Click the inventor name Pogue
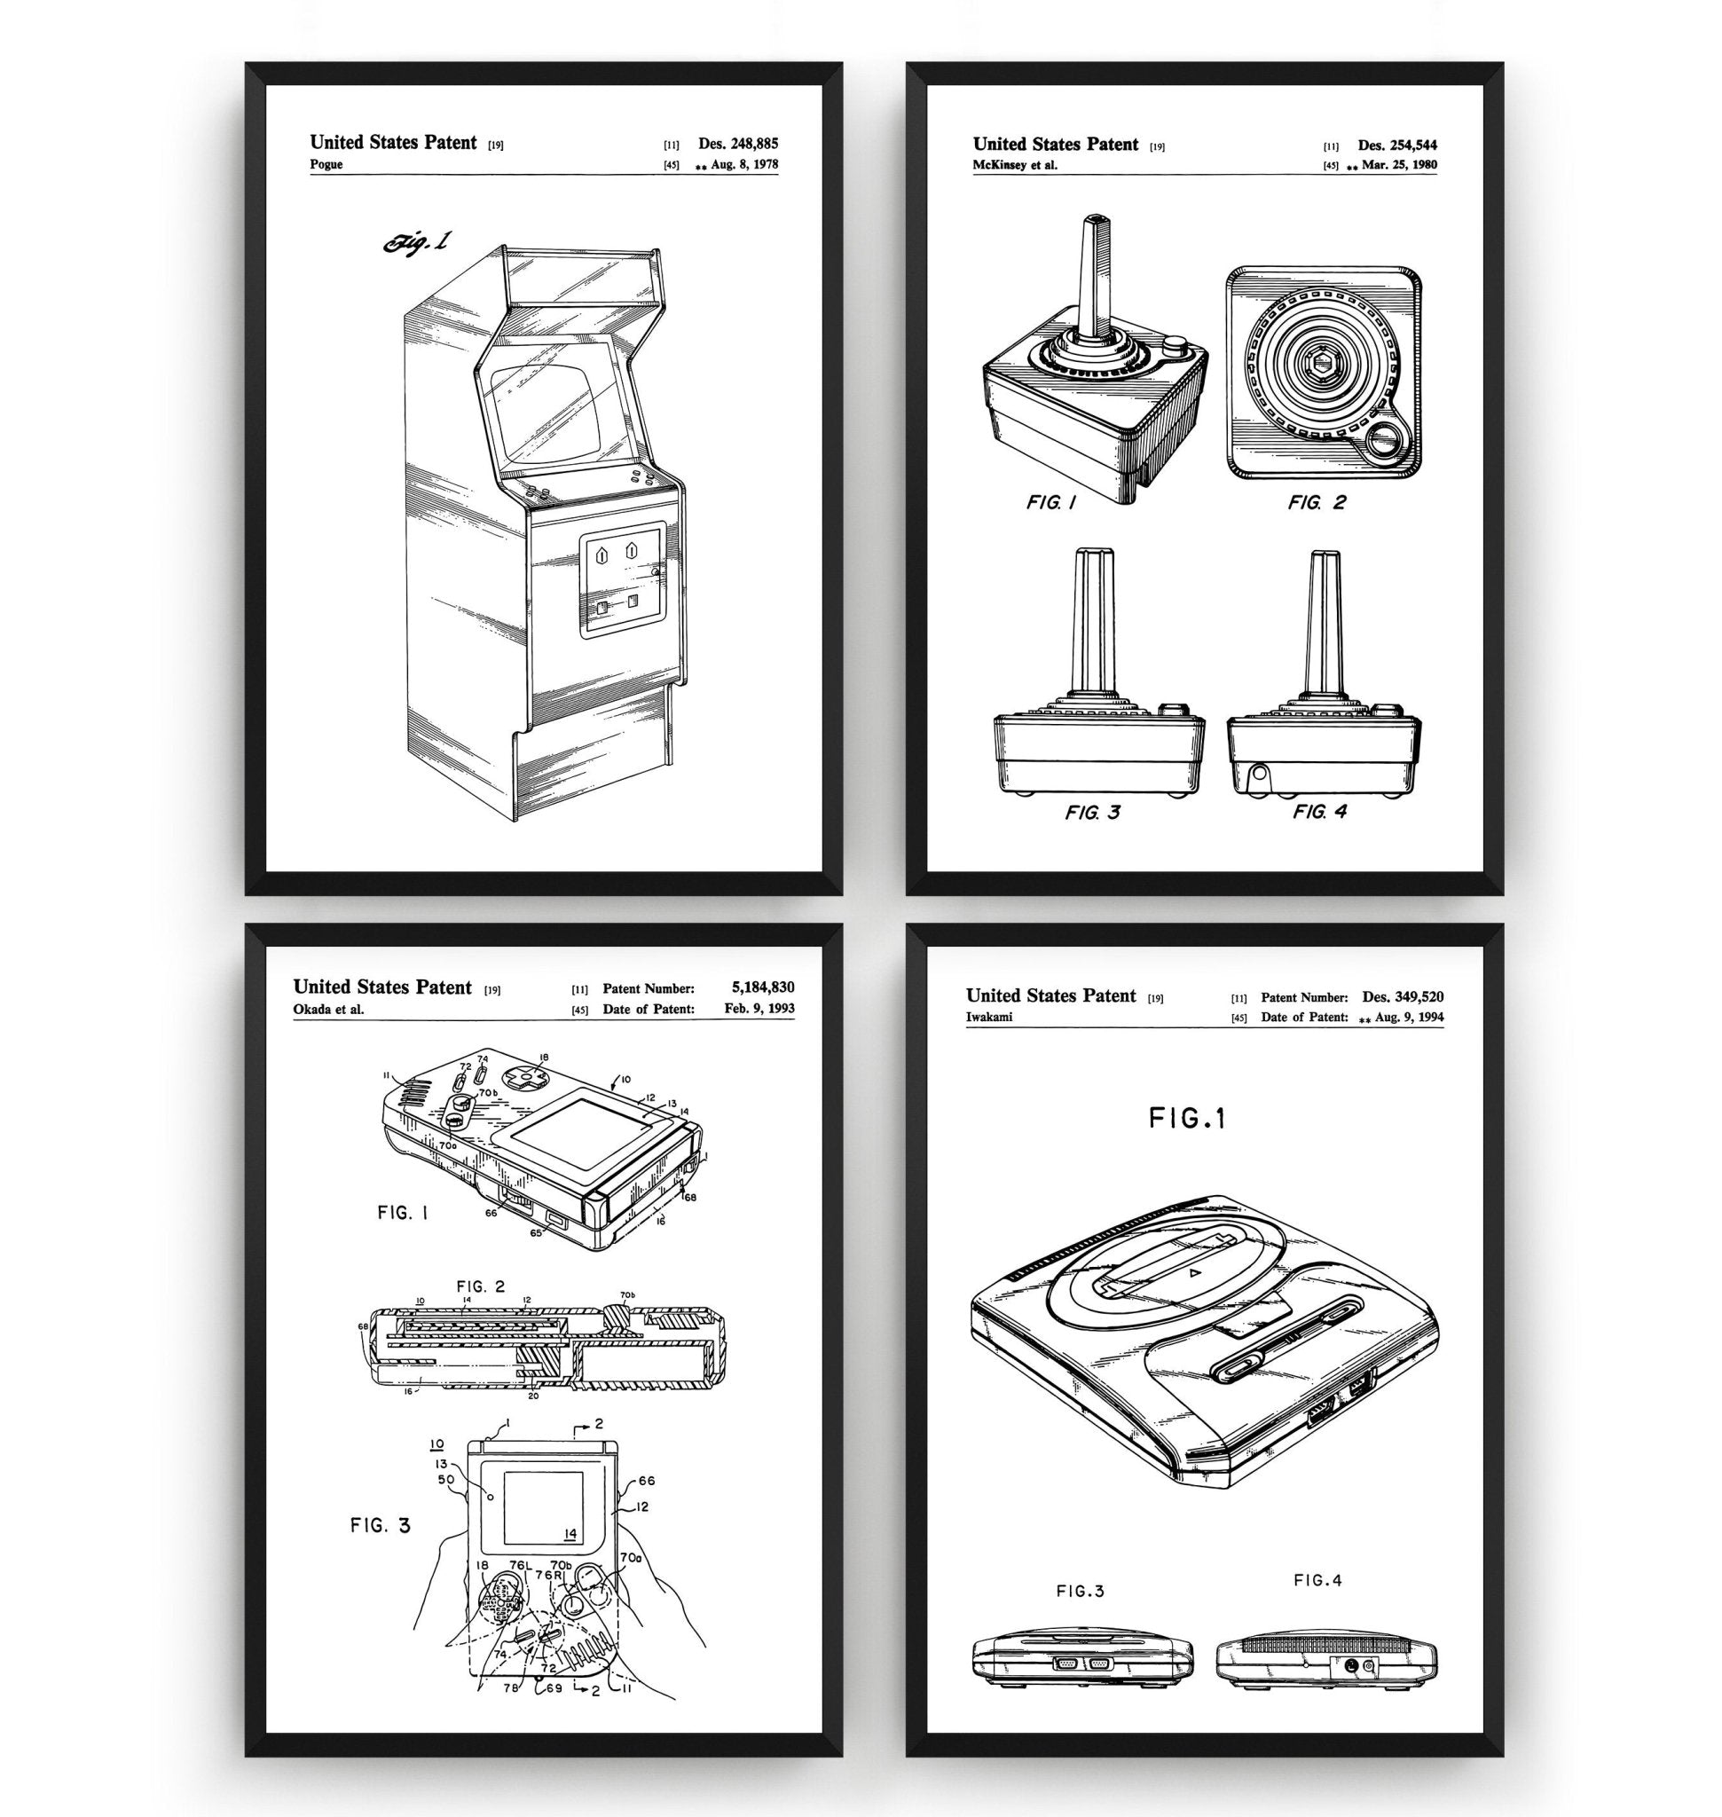(326, 164)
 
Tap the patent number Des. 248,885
(738, 143)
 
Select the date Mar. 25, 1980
(1400, 166)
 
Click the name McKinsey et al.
(1015, 165)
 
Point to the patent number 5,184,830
(763, 987)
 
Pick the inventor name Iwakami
(989, 1017)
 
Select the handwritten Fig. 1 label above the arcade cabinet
(419, 241)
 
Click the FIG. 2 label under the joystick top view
(1317, 502)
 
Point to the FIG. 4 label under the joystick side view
(1320, 812)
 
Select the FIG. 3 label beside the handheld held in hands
(380, 1525)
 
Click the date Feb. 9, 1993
(759, 1008)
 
